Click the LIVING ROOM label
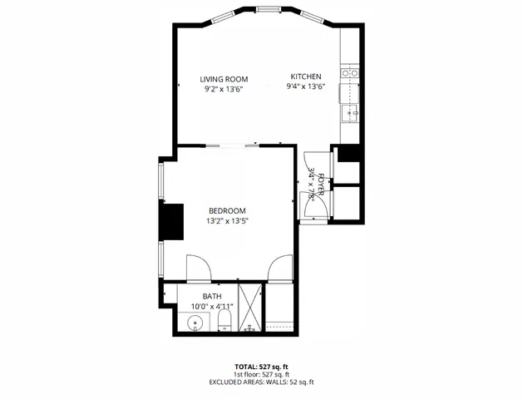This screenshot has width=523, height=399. [x=224, y=79]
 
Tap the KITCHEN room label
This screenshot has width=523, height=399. [x=305, y=76]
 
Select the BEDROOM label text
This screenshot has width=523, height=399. [x=227, y=210]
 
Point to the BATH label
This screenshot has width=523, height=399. [x=212, y=296]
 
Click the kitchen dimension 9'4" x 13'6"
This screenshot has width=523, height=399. [x=305, y=86]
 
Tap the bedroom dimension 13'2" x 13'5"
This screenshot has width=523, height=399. [x=227, y=221]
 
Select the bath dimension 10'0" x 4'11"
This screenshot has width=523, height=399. [x=212, y=306]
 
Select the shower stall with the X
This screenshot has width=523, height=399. [x=249, y=308]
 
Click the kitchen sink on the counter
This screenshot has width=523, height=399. [x=350, y=111]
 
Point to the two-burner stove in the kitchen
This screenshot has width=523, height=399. [x=351, y=73]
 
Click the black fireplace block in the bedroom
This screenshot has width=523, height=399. [x=171, y=222]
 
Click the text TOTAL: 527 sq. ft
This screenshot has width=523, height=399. [x=261, y=366]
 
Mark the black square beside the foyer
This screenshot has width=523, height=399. [x=348, y=154]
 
